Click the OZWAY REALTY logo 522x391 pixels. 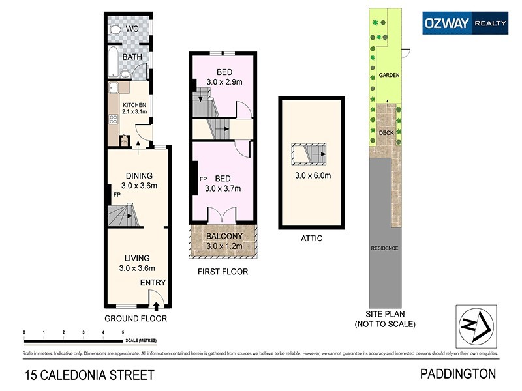465,23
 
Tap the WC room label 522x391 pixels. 132,30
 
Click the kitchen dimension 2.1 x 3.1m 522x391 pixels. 134,112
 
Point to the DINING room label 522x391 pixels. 139,175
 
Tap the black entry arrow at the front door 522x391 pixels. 155,304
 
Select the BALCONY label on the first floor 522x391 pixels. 224,237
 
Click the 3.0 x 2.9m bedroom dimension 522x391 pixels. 224,82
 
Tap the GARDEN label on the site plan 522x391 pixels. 389,76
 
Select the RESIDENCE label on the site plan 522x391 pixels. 384,248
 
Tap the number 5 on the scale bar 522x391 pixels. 123,333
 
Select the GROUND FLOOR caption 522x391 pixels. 136,319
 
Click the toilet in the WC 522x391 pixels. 115,30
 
